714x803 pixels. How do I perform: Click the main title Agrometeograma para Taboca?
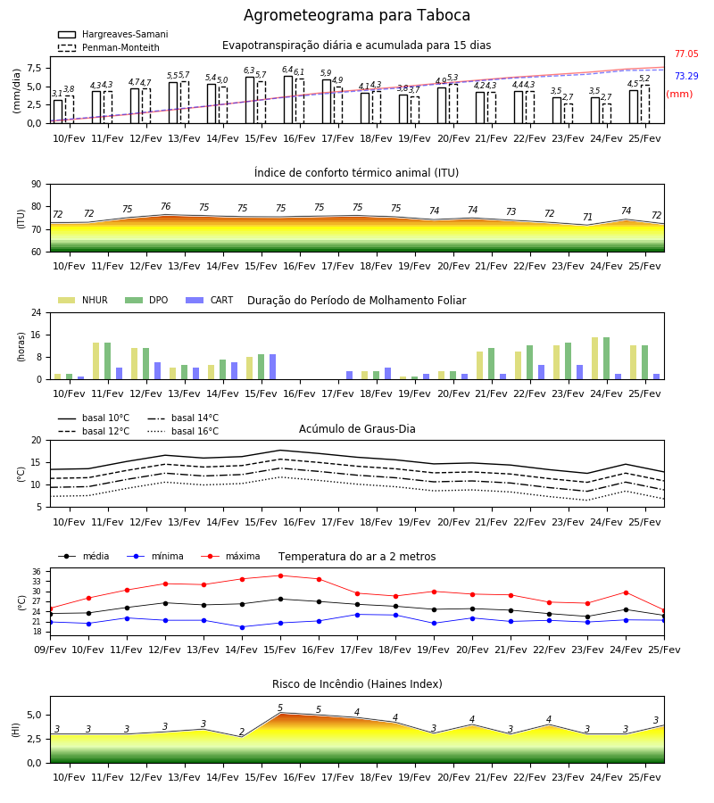point(356,15)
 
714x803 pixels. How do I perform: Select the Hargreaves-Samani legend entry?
point(112,34)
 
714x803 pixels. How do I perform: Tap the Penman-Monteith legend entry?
point(109,47)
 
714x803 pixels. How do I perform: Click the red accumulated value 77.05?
point(686,54)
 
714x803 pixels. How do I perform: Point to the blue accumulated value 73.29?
point(686,76)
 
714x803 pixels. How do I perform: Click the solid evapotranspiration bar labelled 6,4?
point(288,100)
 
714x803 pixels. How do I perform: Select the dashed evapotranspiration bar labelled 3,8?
point(69,110)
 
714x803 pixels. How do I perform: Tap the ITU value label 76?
point(165,206)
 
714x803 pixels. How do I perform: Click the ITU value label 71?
point(587,217)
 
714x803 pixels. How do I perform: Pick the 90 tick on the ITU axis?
point(37,185)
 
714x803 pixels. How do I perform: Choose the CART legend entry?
point(209,300)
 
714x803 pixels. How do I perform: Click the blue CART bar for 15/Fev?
point(272,367)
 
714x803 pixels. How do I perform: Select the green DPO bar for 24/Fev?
point(606,359)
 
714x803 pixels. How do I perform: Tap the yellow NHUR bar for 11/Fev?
point(95,361)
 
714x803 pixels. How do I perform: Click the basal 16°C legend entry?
point(183,431)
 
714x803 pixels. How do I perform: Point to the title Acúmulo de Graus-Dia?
point(357,429)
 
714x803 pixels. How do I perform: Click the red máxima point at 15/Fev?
point(280,575)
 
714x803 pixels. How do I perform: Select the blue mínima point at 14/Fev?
point(242,627)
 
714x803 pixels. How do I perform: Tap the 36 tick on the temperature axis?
point(37,572)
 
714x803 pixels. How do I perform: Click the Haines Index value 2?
point(242,732)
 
